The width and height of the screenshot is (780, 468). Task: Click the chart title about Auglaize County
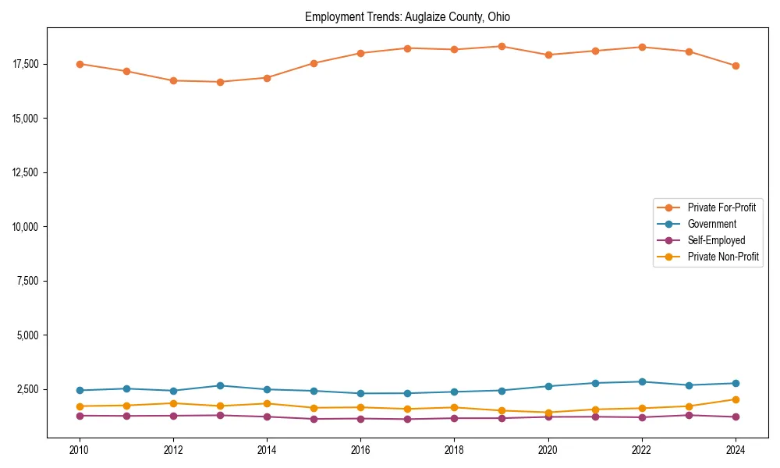point(407,16)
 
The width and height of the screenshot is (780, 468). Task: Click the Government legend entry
point(711,224)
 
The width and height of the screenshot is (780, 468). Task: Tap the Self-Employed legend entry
point(716,240)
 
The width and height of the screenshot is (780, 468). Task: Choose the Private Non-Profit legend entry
point(723,257)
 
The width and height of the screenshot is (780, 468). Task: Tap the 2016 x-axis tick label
point(360,449)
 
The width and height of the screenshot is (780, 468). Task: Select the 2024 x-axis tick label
point(736,449)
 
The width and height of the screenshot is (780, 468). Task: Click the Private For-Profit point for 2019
point(502,47)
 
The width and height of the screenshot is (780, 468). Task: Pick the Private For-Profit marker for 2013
point(220,82)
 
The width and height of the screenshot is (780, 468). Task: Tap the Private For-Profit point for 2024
point(736,66)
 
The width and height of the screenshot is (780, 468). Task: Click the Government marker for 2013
point(220,385)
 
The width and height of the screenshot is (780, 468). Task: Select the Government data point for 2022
point(642,381)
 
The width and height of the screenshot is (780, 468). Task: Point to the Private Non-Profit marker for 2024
point(736,399)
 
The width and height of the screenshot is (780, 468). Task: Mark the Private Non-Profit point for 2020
point(548,413)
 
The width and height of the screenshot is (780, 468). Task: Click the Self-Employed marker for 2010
point(80,416)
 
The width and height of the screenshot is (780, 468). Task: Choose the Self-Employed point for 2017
point(407,419)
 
